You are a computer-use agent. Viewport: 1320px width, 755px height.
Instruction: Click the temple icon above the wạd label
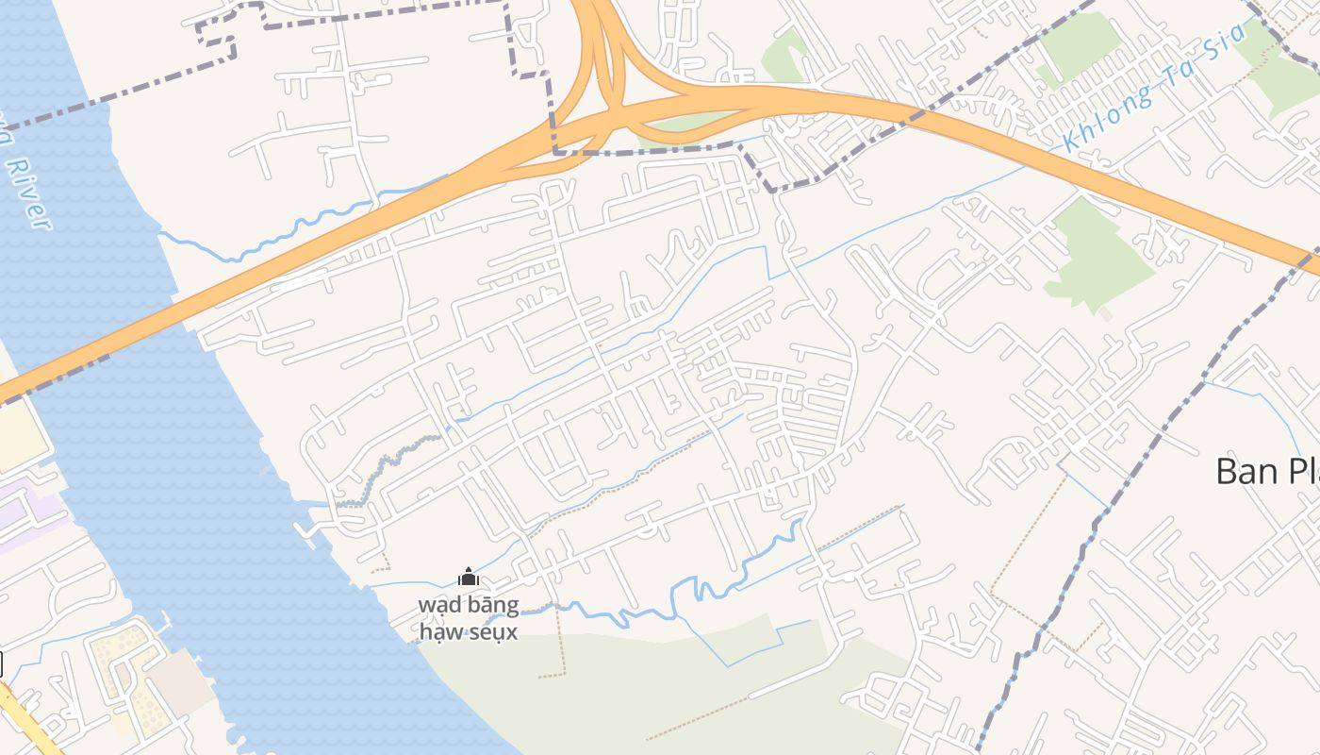click(x=468, y=577)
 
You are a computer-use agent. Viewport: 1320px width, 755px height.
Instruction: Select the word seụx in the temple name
click(x=491, y=631)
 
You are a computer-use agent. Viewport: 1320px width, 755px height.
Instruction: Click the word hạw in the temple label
click(x=439, y=631)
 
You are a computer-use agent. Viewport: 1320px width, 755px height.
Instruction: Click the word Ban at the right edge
click(x=1245, y=470)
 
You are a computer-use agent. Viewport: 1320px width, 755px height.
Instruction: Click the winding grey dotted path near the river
click(x=387, y=462)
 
